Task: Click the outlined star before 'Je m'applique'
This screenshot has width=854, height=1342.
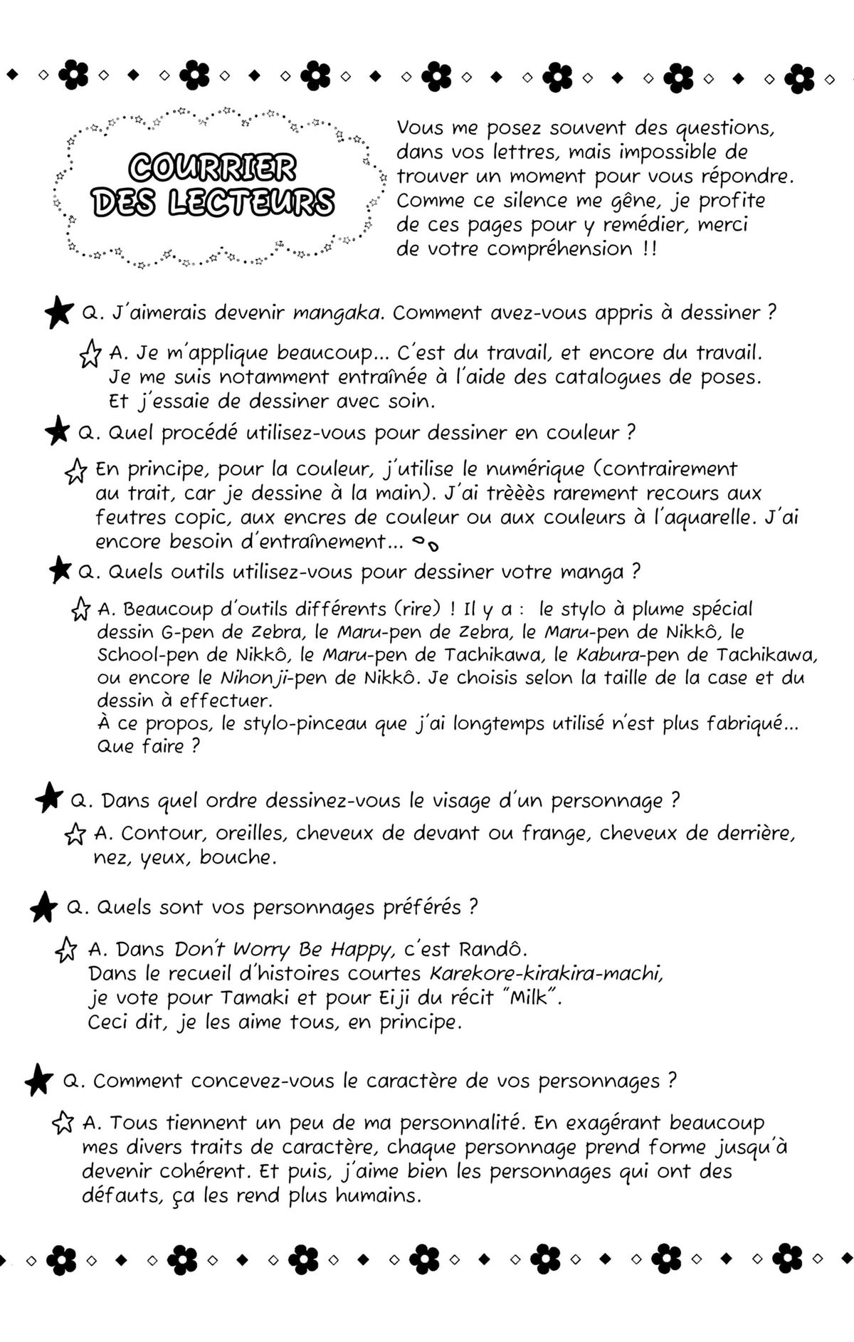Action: pyautogui.click(x=90, y=354)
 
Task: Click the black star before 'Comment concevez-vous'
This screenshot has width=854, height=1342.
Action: pyautogui.click(x=39, y=1081)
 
